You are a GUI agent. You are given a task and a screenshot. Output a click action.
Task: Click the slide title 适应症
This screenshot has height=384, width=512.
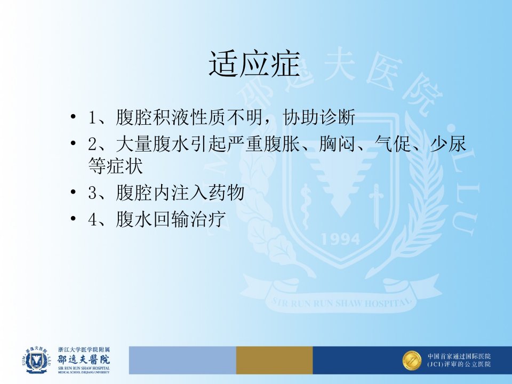coord(254,64)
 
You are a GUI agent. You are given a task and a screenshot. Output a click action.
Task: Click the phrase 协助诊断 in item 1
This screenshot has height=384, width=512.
coord(319,117)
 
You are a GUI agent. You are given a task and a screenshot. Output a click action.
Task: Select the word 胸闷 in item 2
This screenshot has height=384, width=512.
coord(337,143)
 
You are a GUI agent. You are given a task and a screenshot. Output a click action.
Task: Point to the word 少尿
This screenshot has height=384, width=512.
coord(449,143)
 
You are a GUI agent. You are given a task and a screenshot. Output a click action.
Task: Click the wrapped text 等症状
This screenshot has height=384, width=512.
coord(116,166)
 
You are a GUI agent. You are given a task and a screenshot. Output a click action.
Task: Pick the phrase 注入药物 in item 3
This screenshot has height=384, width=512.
coord(208,193)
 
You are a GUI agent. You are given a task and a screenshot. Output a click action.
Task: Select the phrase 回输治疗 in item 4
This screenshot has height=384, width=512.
coord(190,219)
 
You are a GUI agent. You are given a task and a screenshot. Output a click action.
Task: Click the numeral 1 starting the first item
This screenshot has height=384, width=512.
coord(92,117)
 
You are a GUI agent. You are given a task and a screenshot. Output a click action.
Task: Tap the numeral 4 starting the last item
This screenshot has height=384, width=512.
coord(92,219)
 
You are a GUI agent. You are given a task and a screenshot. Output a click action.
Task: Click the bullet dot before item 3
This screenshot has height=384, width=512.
coord(73,193)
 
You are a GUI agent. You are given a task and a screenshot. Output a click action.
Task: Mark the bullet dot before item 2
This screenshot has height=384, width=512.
coord(73,143)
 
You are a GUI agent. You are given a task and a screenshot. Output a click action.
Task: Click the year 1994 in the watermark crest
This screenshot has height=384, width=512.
coord(341,239)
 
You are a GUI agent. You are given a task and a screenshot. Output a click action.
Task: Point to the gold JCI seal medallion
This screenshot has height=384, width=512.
coord(412,361)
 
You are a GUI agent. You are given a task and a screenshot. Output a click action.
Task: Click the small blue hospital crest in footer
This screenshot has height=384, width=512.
coord(37,360)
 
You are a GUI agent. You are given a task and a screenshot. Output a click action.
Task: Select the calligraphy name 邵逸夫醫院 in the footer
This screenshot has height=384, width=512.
coord(84,359)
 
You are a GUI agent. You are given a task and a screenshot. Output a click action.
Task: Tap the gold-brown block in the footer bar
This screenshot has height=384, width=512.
coord(274,360)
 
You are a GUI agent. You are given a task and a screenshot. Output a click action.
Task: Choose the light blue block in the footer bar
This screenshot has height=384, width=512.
coord(182,360)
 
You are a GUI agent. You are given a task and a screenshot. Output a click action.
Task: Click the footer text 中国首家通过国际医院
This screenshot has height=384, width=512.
coord(459,356)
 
